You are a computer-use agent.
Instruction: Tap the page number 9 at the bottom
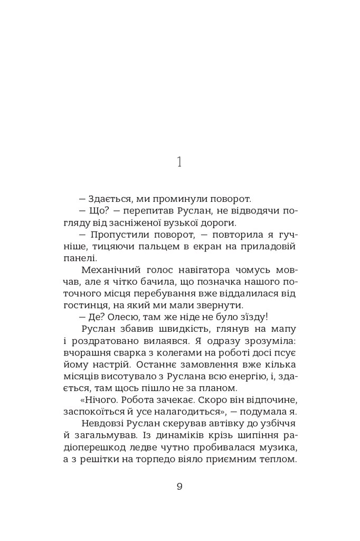coord(179,487)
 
